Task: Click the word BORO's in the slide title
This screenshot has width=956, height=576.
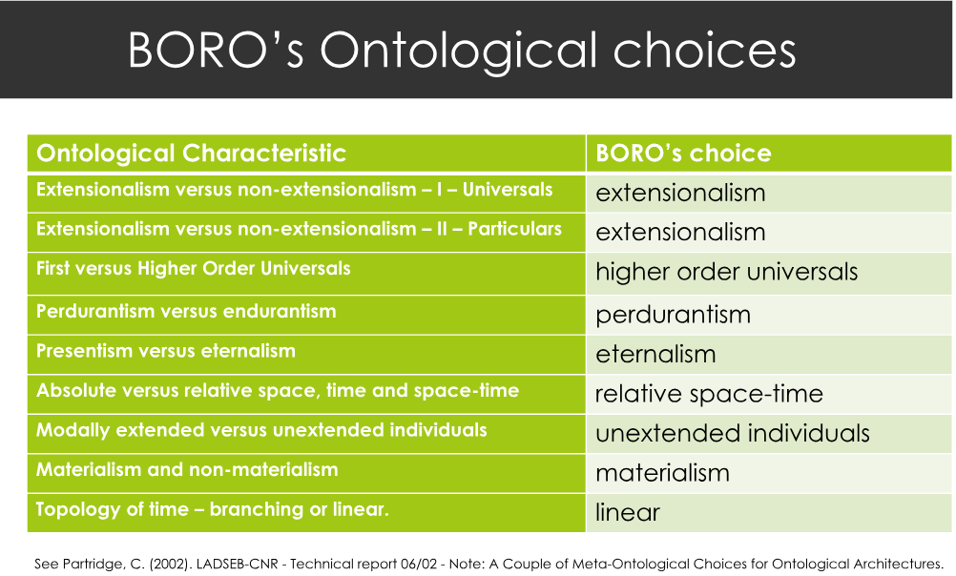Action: click(216, 49)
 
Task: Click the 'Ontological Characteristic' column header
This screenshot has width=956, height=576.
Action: click(191, 153)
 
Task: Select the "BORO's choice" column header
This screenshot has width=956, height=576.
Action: click(683, 153)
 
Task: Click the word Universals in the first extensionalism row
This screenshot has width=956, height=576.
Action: click(508, 190)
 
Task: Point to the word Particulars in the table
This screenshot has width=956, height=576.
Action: click(514, 229)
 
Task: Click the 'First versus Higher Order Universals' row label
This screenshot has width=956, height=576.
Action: click(194, 268)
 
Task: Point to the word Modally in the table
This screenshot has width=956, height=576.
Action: click(73, 430)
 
